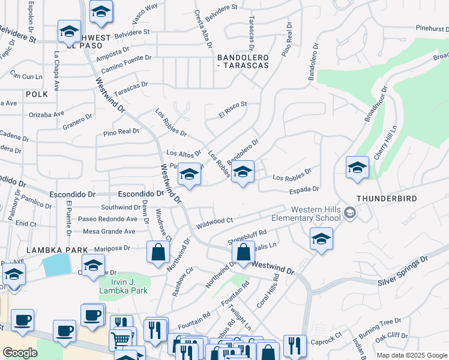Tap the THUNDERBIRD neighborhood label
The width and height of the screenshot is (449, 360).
(386, 198)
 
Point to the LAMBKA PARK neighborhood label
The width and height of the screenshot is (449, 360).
(48, 249)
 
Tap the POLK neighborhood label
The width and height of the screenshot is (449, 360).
(36, 94)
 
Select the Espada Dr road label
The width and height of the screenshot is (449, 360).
(304, 189)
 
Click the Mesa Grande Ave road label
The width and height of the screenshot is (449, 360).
(109, 231)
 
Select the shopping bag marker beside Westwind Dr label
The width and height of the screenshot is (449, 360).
(243, 253)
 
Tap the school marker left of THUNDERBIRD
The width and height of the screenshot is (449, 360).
(357, 168)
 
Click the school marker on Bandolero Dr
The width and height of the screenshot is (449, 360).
(243, 173)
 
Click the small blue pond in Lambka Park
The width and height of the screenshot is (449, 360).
(57, 265)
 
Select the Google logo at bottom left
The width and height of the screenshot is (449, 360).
(20, 353)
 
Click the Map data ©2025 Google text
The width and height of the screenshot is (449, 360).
(412, 355)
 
